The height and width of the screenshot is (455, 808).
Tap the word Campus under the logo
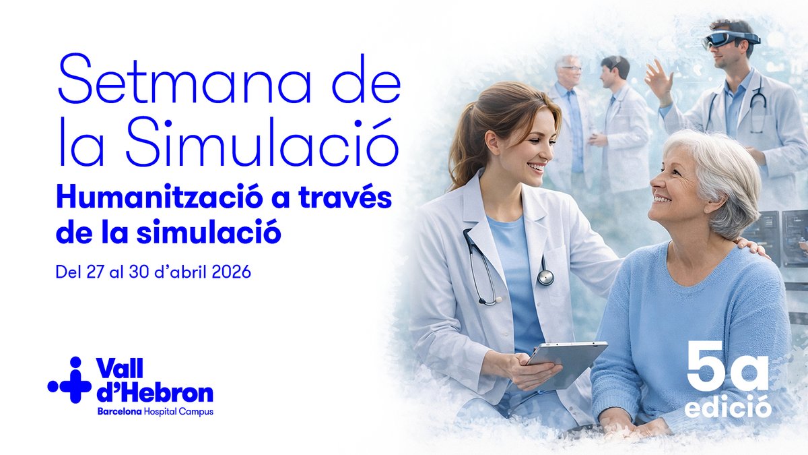click(x=198, y=411)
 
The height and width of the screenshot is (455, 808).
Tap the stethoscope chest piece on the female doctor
click(x=545, y=276)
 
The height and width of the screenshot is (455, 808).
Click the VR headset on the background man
click(x=731, y=38)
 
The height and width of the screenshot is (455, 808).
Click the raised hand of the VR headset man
click(x=659, y=78)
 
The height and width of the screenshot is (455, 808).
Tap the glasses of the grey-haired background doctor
click(x=571, y=68)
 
